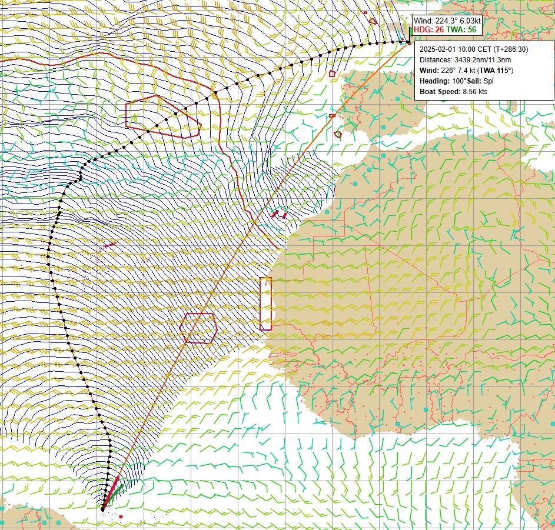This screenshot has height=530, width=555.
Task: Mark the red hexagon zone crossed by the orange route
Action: click(x=199, y=328)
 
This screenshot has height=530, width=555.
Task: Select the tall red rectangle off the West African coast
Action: click(x=265, y=304)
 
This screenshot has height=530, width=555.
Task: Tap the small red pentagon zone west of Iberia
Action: click(x=332, y=74)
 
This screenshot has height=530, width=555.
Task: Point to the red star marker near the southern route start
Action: click(x=121, y=516)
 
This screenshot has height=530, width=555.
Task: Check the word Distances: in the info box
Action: click(x=436, y=60)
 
